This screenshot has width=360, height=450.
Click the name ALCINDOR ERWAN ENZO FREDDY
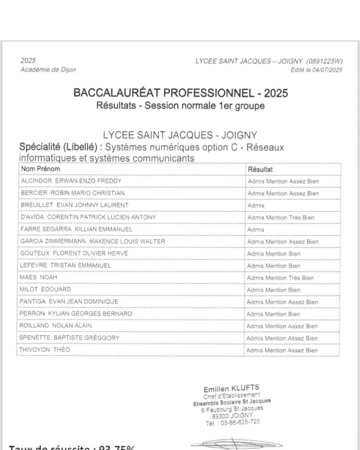[71, 181]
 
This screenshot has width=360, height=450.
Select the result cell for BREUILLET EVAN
[256, 205]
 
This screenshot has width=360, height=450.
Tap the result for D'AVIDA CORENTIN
[280, 218]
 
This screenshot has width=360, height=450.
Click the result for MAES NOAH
[280, 278]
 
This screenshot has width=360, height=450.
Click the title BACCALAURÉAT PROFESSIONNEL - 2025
[180, 93]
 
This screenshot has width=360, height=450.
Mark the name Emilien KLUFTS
[231, 388]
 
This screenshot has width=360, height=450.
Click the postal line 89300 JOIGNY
[233, 415]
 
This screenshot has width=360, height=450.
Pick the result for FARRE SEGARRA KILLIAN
[255, 229]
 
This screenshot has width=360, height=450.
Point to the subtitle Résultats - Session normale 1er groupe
[180, 106]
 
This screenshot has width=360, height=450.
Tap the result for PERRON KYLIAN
[273, 314]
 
